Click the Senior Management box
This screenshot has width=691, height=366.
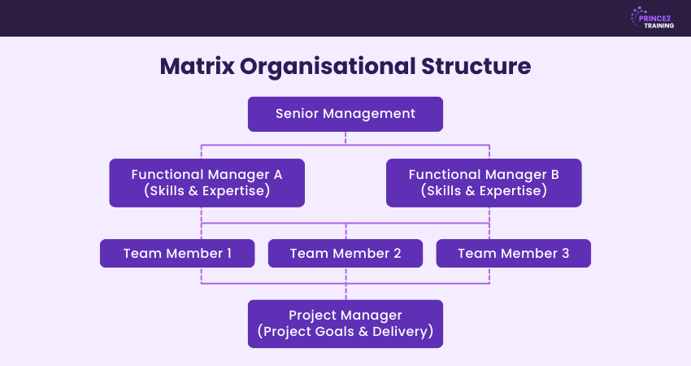[345, 114]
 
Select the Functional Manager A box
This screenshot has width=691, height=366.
[206, 183]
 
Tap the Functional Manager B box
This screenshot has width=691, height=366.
[484, 183]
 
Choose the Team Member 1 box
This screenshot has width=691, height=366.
[177, 253]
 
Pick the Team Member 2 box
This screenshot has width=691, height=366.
[345, 253]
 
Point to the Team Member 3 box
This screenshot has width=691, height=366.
[513, 253]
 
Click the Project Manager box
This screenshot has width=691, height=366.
[345, 324]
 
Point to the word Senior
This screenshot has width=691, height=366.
[297, 114]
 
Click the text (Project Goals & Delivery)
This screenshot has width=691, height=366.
[345, 332]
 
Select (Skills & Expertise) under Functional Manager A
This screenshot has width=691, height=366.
[206, 191]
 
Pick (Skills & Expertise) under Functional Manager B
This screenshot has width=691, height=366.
[484, 191]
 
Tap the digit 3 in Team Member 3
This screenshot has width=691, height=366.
[564, 253]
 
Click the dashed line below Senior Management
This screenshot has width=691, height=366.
[345, 138]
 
